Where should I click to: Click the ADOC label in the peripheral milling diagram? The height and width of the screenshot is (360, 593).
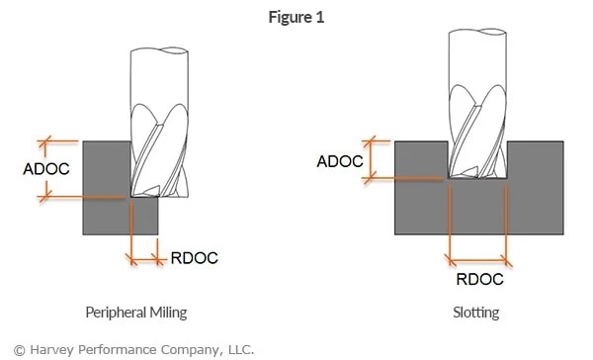point(45,168)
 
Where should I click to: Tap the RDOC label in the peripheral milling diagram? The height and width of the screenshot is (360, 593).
point(195,258)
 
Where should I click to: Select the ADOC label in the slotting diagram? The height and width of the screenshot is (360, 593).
point(339,160)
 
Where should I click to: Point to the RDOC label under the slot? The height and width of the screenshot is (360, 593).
point(479,279)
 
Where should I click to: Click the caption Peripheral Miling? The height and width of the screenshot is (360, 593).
point(135,313)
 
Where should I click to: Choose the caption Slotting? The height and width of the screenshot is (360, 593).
point(476,313)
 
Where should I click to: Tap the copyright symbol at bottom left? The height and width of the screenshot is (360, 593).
point(8,348)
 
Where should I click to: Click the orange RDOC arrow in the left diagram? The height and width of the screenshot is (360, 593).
point(144,259)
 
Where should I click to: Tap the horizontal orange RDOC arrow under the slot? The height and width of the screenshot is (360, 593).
point(479,263)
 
